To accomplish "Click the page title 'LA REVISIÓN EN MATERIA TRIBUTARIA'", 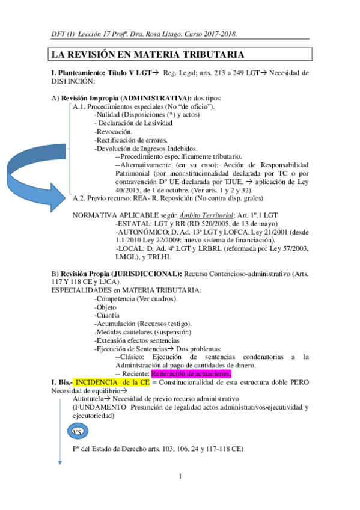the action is click(147, 55).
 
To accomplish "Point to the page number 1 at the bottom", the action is click(180, 477).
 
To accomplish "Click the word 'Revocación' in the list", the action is click(114, 132).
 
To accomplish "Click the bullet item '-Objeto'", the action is click(107, 307).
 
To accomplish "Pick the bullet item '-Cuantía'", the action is click(108, 315).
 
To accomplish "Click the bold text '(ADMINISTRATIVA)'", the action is click(154, 98).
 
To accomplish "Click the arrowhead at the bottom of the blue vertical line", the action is click(59, 462).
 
